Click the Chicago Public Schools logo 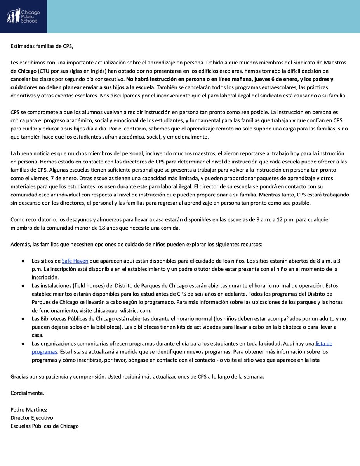23,16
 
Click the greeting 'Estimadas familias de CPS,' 42,46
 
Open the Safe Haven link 75,261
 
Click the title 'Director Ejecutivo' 31,417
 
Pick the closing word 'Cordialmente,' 27,393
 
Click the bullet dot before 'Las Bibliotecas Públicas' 24,319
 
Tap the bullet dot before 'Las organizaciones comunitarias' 24,344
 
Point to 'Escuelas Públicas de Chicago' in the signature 44,426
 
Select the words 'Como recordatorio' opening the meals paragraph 35,219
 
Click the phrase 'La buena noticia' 32,154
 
